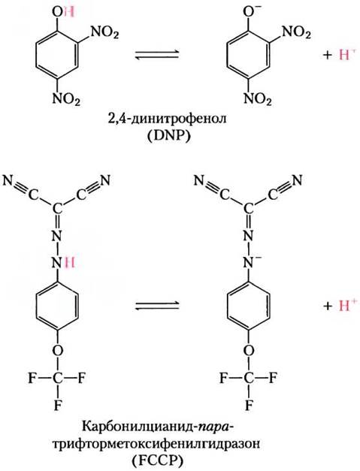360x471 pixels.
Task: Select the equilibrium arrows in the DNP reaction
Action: pyautogui.click(x=156, y=54)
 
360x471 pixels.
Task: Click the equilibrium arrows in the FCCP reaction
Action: pyautogui.click(x=156, y=306)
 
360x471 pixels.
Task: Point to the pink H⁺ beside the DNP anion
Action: pyautogui.click(x=344, y=54)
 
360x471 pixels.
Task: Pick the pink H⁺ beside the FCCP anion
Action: pyautogui.click(x=344, y=305)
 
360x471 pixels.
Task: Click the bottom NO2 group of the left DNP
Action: pyautogui.click(x=66, y=99)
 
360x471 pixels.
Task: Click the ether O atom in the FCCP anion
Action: pyautogui.click(x=248, y=350)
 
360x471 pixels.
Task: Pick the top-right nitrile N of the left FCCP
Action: pyautogui.click(x=105, y=180)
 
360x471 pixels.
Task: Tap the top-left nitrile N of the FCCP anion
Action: pyautogui.click(x=199, y=180)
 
